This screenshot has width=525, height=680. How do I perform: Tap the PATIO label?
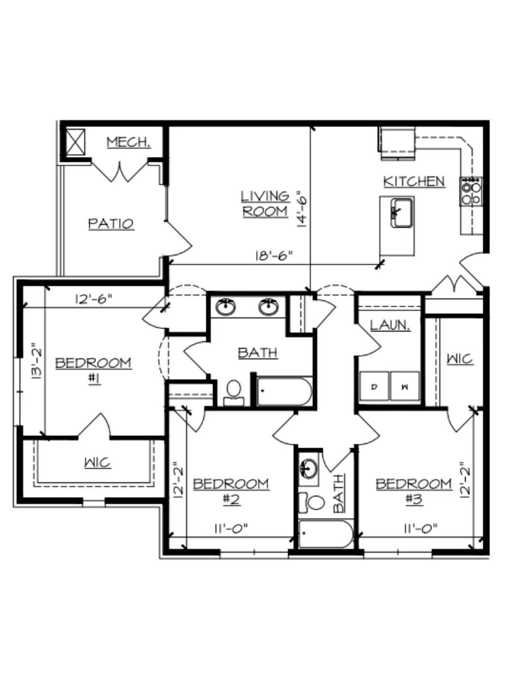[x=111, y=224]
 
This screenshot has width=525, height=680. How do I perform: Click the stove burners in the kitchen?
[x=471, y=192]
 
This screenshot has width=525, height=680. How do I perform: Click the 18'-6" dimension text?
[x=274, y=256]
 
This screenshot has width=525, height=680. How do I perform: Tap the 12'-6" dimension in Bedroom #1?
[x=93, y=299]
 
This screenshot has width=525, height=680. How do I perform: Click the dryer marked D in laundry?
[x=374, y=387]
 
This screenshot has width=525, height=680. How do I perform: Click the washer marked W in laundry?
[x=405, y=387]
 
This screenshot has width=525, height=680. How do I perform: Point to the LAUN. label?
[x=390, y=326]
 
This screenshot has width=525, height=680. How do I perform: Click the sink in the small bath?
[x=309, y=468]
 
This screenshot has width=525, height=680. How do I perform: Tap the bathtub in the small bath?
[x=326, y=535]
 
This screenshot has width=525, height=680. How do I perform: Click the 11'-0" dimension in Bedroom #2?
[x=231, y=529]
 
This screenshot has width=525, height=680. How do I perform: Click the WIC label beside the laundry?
[x=460, y=359]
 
